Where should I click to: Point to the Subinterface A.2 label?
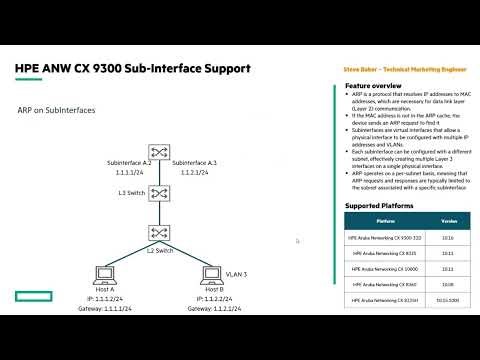pyautogui.click(x=128, y=161)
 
